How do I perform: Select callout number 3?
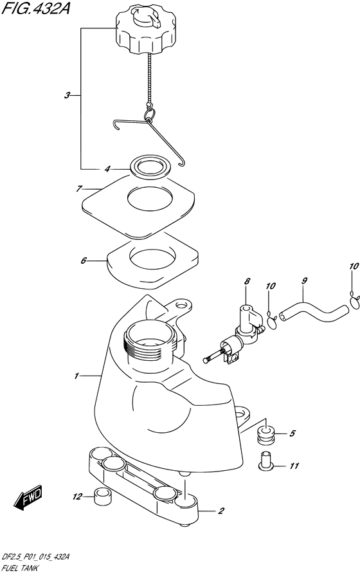coord(67,96)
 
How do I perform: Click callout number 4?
coord(107,169)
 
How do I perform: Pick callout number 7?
coord(78,189)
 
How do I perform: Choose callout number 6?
coord(84,260)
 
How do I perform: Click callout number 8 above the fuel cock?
coord(247,281)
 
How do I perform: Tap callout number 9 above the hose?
coord(304,281)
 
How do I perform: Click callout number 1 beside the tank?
coord(76,376)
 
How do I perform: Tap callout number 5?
coord(292,434)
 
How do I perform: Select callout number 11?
coord(294,466)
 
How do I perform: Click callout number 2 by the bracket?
coord(221,511)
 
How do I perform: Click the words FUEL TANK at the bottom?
coord(19,569)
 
